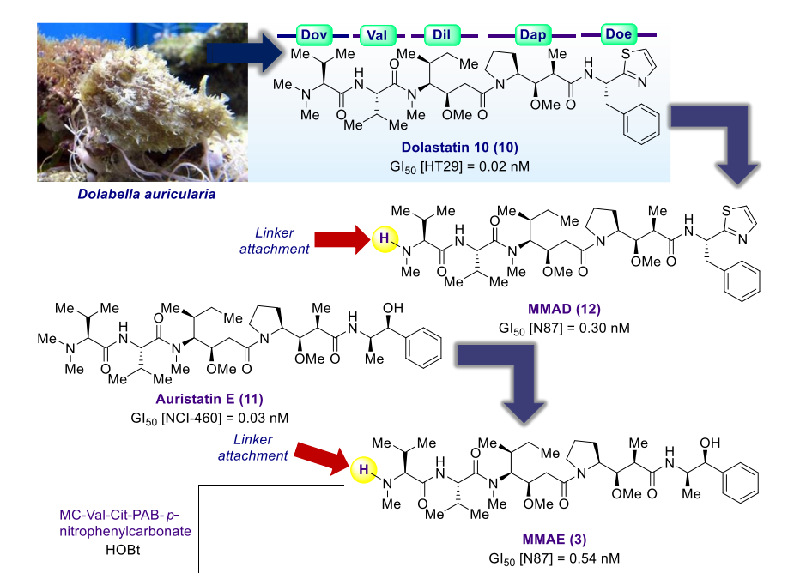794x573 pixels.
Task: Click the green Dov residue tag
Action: pos(313,34)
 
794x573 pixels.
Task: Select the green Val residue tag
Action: pos(377,35)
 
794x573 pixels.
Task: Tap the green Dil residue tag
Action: pos(441,34)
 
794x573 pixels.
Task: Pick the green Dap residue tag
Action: pos(533,34)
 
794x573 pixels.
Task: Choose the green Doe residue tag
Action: pos(618,34)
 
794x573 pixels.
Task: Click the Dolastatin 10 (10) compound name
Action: pos(460,148)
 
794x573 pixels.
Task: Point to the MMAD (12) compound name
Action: pos(564,309)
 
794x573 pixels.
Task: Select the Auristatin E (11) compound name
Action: pos(209,399)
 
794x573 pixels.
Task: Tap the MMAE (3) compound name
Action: pos(555,539)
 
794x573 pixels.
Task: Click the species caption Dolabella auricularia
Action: pos(146,194)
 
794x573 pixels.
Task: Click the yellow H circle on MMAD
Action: pos(385,239)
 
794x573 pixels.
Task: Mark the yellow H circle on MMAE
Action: pos(364,470)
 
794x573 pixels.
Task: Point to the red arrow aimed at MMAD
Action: pos(342,239)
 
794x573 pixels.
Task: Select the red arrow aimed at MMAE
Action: pos(322,457)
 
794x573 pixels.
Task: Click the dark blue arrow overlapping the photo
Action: pos(245,52)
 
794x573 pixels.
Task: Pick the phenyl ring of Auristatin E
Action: pos(423,347)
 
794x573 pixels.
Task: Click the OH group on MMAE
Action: pos(710,443)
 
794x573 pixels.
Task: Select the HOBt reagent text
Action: pos(123,550)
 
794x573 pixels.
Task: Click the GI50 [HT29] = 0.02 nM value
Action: pos(460,166)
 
